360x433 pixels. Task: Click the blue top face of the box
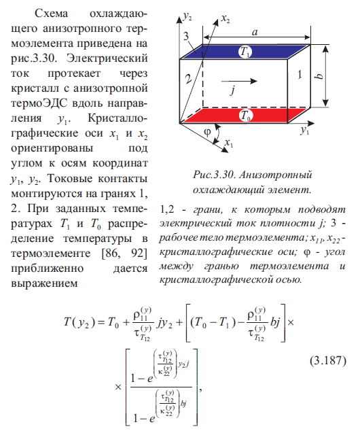pyautogui.click(x=245, y=52)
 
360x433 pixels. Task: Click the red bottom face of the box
pyautogui.click(x=245, y=116)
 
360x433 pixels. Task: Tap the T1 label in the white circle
pyautogui.click(x=245, y=52)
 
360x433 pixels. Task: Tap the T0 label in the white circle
pyautogui.click(x=245, y=115)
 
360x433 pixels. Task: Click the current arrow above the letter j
pyautogui.click(x=239, y=81)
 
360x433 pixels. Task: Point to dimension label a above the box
pyautogui.click(x=255, y=33)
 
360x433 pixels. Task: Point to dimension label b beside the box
pyautogui.click(x=319, y=76)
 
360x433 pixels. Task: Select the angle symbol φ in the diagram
pyautogui.click(x=207, y=133)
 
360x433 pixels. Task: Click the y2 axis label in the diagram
pyautogui.click(x=187, y=17)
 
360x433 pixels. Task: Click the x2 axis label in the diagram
pyautogui.click(x=226, y=19)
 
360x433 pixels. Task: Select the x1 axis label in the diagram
pyautogui.click(x=229, y=143)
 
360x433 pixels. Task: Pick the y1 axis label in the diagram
pyautogui.click(x=305, y=130)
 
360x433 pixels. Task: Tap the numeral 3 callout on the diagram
pyautogui.click(x=186, y=36)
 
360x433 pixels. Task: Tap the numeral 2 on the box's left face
pyautogui.click(x=188, y=78)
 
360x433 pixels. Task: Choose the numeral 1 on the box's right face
pyautogui.click(x=300, y=74)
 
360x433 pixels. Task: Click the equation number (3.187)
pyautogui.click(x=327, y=361)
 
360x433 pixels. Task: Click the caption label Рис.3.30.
pyautogui.click(x=214, y=175)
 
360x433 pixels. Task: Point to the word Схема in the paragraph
pyautogui.click(x=52, y=14)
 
